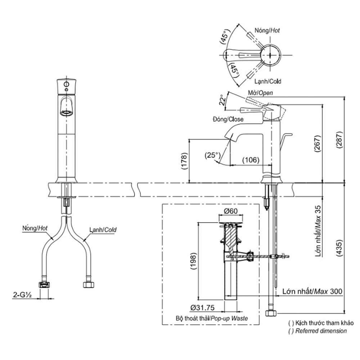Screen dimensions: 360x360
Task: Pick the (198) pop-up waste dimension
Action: click(193, 263)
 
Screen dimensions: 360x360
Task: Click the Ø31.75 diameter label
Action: click(203, 307)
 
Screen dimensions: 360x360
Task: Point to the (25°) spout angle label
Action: click(212, 156)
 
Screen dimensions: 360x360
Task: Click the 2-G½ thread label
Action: click(23, 295)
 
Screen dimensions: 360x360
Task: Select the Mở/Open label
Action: click(260, 93)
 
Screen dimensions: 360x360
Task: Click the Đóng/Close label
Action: click(228, 119)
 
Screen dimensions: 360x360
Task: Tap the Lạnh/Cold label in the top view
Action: click(267, 81)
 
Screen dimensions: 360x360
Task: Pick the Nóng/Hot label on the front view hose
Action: click(35, 228)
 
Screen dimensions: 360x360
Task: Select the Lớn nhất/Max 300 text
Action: click(312, 291)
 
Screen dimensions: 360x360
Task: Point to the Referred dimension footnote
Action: click(318, 331)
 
